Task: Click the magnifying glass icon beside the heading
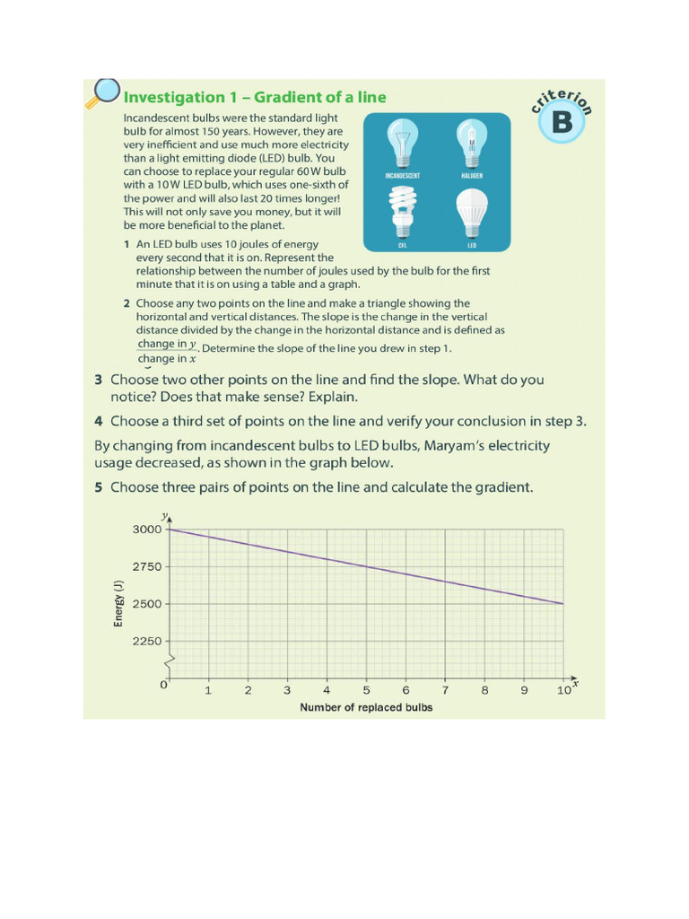click(x=103, y=92)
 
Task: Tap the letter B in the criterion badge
click(x=562, y=122)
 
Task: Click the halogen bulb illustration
click(x=473, y=144)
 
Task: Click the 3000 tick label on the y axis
click(x=148, y=530)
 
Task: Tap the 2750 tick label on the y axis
click(x=148, y=567)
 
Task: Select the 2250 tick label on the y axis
click(x=148, y=641)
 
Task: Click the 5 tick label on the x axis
click(x=366, y=690)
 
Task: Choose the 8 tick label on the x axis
click(x=484, y=690)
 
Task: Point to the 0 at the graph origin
click(x=163, y=685)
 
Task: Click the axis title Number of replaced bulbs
click(x=366, y=707)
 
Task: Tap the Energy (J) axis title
click(x=118, y=604)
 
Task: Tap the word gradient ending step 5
click(x=503, y=487)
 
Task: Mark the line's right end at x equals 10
click(x=563, y=604)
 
